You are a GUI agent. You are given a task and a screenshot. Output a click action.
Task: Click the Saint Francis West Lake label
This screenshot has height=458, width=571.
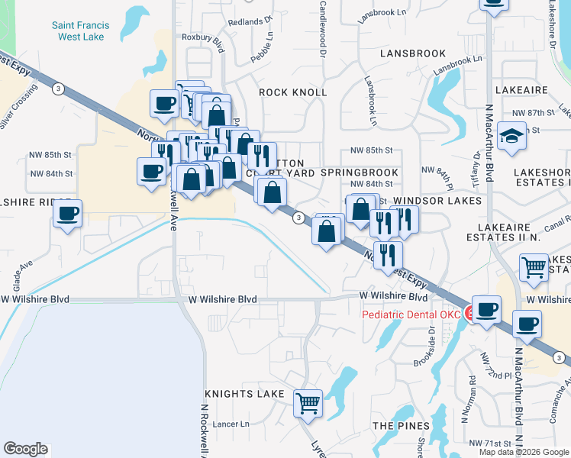click(80, 31)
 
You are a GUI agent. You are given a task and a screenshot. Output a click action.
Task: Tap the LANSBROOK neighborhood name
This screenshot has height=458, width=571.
click(412, 53)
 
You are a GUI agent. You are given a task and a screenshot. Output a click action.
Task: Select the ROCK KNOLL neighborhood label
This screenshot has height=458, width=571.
click(292, 92)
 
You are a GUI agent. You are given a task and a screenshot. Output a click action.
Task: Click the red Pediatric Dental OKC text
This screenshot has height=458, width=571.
click(411, 314)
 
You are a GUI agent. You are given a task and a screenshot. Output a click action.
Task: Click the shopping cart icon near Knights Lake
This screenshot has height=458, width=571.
click(308, 402)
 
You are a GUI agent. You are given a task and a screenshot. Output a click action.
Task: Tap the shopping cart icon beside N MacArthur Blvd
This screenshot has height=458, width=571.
click(534, 267)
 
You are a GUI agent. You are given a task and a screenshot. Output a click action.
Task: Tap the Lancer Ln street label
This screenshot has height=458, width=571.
click(234, 424)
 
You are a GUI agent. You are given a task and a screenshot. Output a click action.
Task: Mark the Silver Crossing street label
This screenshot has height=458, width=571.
click(18, 108)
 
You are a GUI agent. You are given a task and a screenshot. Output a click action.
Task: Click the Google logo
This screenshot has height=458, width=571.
click(25, 449)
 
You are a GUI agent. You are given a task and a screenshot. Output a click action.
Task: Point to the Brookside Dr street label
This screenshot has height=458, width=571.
click(431, 345)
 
